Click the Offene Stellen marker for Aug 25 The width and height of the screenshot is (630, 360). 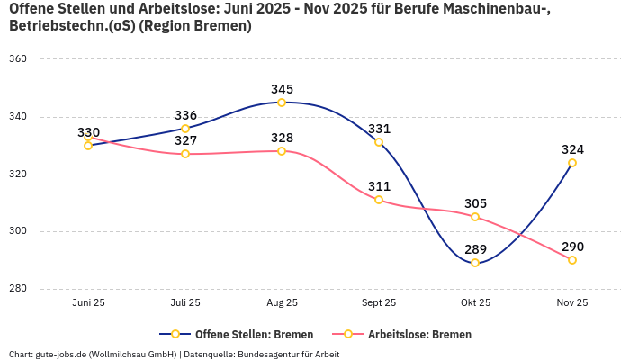pyautogui.click(x=282, y=103)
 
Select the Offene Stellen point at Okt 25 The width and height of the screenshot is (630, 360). pyautogui.click(x=475, y=263)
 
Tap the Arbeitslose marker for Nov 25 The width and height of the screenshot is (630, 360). pyautogui.click(x=572, y=260)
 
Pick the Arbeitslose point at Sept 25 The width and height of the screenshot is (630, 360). pyautogui.click(x=379, y=200)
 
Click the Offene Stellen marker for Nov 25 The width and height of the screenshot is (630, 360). pyautogui.click(x=572, y=163)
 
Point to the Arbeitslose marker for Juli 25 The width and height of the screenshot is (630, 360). pyautogui.click(x=185, y=154)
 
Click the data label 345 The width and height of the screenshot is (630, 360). pyautogui.click(x=283, y=89)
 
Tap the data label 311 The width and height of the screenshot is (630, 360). pyautogui.click(x=379, y=186)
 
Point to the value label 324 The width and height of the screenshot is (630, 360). pyautogui.click(x=572, y=149)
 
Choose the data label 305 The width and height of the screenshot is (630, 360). pyautogui.click(x=475, y=203)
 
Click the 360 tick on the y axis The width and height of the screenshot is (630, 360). pyautogui.click(x=19, y=59)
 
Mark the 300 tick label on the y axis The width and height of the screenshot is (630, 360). pyautogui.click(x=19, y=231)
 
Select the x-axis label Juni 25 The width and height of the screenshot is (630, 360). pyautogui.click(x=88, y=302)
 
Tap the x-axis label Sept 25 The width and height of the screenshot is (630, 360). pyautogui.click(x=379, y=302)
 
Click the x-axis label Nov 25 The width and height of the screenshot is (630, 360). pyautogui.click(x=572, y=302)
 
